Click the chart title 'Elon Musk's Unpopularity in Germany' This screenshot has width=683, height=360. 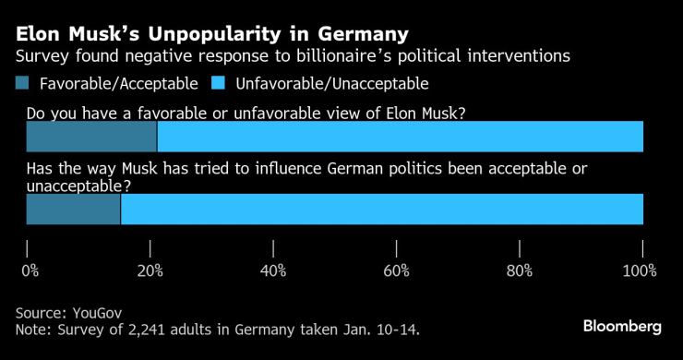point(211,35)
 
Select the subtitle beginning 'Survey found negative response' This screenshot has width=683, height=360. point(293,57)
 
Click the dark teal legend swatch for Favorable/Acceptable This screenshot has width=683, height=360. point(23,84)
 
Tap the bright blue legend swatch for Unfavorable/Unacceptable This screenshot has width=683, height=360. point(221,84)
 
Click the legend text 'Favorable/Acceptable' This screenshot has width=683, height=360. point(118,84)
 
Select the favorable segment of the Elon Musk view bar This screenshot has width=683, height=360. point(91,137)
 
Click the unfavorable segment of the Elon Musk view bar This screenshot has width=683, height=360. point(400,137)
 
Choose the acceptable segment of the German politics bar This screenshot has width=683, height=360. point(73,210)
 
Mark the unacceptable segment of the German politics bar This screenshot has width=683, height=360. point(381,210)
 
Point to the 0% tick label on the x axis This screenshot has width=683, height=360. point(30,270)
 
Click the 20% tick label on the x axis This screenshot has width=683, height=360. point(150,270)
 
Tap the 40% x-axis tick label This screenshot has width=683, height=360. point(273,270)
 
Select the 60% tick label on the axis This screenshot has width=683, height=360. point(397,270)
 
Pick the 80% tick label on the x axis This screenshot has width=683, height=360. point(520,270)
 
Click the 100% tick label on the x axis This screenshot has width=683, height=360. point(639,270)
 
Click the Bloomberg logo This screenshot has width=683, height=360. point(622,327)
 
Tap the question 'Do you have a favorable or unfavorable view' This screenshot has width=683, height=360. point(245,114)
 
